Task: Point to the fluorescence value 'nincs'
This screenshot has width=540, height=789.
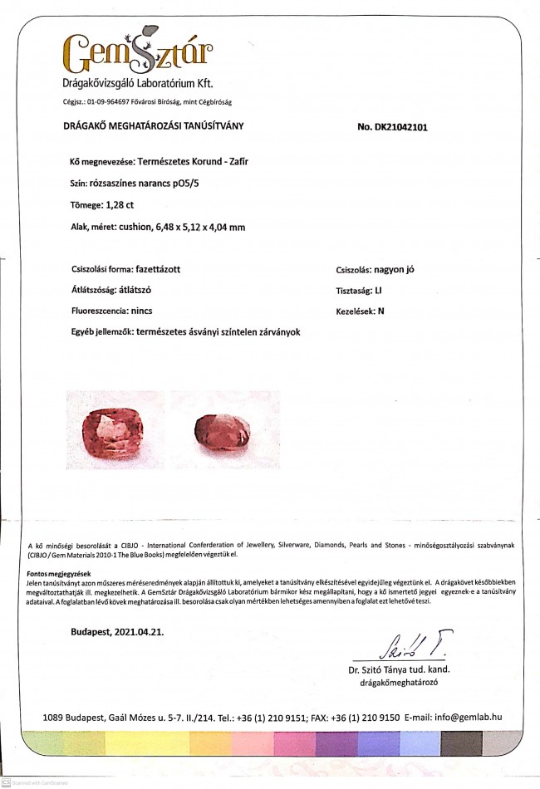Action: pyautogui.click(x=145, y=311)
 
